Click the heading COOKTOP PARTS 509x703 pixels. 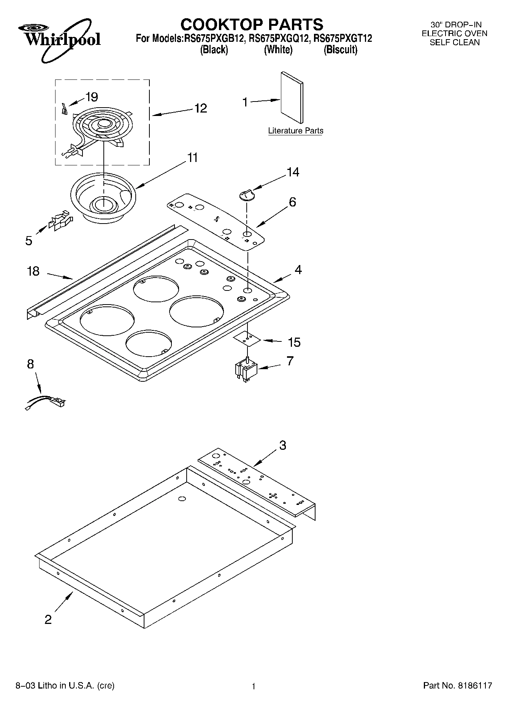pyautogui.click(x=252, y=24)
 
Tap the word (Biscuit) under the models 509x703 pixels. pyautogui.click(x=340, y=50)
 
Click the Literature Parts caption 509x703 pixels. pyautogui.click(x=295, y=131)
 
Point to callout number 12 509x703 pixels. pyautogui.click(x=200, y=108)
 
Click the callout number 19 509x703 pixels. pyautogui.click(x=92, y=97)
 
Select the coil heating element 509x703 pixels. pyautogui.click(x=101, y=127)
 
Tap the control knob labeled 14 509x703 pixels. pyautogui.click(x=246, y=194)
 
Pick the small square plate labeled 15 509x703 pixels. pyautogui.click(x=247, y=338)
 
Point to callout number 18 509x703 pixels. pyautogui.click(x=33, y=271)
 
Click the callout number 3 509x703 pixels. pyautogui.click(x=282, y=445)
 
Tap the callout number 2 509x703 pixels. pyautogui.click(x=48, y=620)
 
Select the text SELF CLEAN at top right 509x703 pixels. pyautogui.click(x=455, y=43)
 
